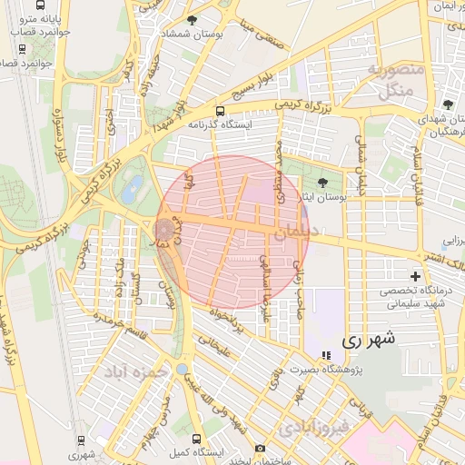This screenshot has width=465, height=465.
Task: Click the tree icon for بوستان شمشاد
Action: click(191, 20)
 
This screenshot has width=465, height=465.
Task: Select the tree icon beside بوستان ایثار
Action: click(324, 183)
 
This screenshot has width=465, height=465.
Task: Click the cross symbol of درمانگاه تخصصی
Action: click(415, 275)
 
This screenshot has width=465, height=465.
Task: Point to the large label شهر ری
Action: click(368, 341)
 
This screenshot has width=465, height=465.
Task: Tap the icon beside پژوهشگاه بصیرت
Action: click(326, 355)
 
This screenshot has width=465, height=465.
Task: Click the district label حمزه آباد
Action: click(136, 372)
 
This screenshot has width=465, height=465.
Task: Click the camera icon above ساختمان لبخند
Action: click(261, 448)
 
